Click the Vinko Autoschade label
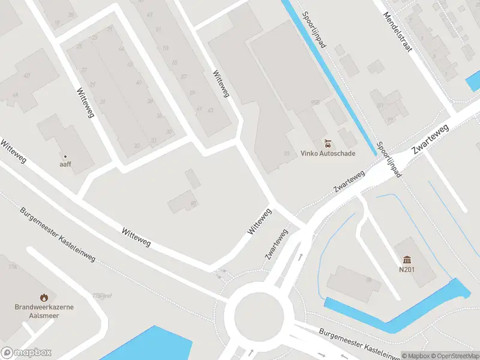pos(328,154)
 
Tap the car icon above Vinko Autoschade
pos(328,143)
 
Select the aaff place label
pos(65,164)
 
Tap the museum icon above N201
pos(408,259)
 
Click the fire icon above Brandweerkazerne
pos(44,297)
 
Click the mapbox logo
pos(26,353)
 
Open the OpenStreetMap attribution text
pos(454,356)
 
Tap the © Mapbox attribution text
pos(415,356)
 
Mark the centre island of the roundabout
pos(259,313)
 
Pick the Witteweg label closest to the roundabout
pos(259,221)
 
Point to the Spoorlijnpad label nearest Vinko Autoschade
pos(389,159)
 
